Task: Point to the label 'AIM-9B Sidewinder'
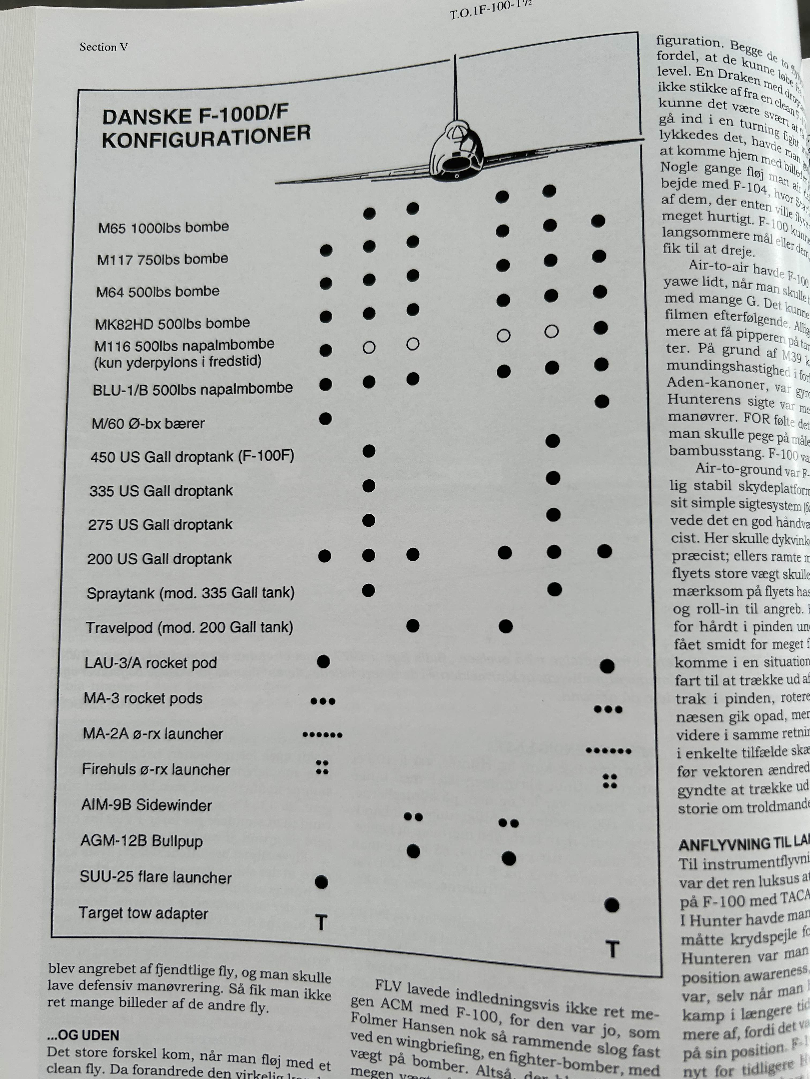[147, 805]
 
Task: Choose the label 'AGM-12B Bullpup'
[142, 841]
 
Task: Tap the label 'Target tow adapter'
[144, 913]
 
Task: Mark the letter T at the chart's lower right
[612, 949]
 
